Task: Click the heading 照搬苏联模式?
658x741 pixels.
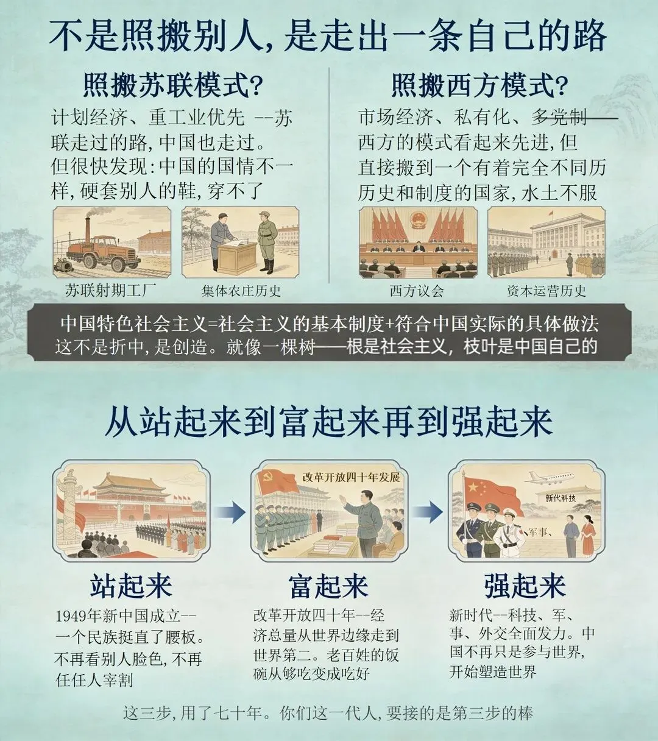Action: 172,85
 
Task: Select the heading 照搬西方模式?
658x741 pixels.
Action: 479,85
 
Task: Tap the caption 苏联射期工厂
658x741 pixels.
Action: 111,290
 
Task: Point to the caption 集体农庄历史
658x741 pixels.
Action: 241,291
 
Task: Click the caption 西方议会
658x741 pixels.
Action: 417,291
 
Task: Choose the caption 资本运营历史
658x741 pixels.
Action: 547,291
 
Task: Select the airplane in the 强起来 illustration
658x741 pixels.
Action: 550,478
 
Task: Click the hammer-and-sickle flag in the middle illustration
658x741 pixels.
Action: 278,482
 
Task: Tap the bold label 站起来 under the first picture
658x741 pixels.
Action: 132,586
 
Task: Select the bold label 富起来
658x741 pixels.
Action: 328,586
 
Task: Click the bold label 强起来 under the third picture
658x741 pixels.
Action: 525,586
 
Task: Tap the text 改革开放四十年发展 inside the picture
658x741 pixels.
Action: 351,477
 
